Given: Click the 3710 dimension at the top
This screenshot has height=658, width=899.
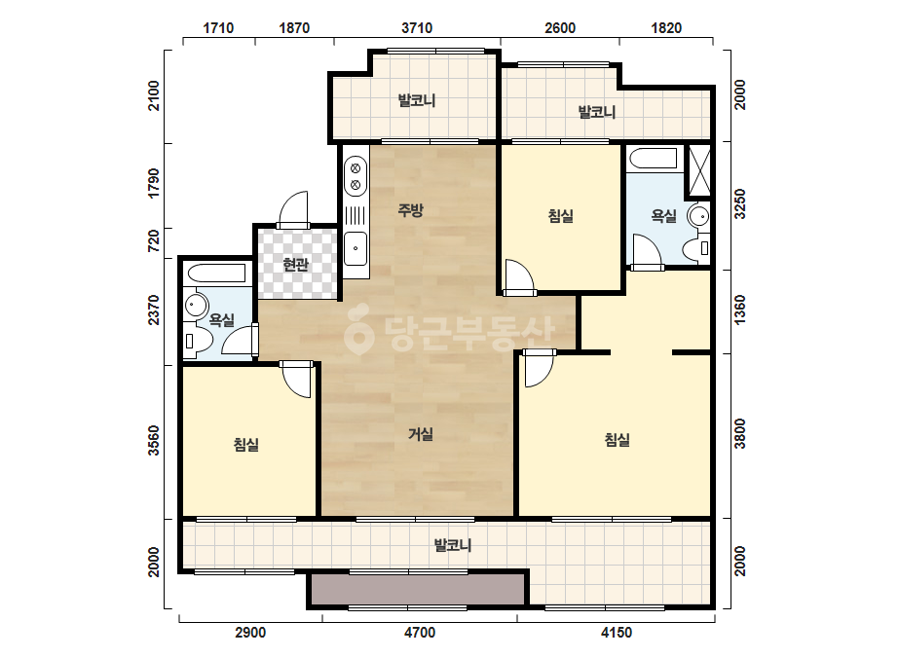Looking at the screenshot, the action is tap(417, 28).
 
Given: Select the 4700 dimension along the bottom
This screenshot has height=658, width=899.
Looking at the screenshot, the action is tap(420, 633).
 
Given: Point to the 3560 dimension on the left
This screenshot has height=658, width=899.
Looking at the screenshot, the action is tap(154, 440).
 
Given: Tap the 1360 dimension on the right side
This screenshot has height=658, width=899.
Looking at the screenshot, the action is tap(740, 311).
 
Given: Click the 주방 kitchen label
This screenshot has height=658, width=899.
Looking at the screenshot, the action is tap(410, 210).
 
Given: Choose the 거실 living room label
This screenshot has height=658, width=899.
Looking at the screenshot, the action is tap(420, 434).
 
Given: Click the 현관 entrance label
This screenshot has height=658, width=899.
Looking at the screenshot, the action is tap(296, 265).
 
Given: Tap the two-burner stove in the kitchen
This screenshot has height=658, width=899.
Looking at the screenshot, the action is tap(356, 177).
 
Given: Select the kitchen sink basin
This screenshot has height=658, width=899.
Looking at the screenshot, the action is tap(356, 248).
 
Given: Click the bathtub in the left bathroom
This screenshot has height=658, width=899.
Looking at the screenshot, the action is tap(217, 273).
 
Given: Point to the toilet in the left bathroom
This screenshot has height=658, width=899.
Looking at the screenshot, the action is tap(197, 341).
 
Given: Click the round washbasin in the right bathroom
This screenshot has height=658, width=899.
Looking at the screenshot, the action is tap(699, 216).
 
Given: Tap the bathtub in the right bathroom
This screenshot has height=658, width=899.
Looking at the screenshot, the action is tap(653, 159).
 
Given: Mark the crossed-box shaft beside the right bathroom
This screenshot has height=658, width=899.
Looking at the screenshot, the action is tap(699, 170).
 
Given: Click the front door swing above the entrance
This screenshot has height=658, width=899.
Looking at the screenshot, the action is tap(293, 208).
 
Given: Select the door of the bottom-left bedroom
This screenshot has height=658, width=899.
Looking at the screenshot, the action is tap(297, 380).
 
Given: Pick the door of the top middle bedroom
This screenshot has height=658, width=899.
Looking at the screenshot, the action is tap(519, 277).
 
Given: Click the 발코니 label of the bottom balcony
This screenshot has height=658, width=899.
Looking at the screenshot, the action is tap(453, 545).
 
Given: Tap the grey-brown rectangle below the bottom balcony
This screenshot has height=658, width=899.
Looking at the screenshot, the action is tap(418, 589).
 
